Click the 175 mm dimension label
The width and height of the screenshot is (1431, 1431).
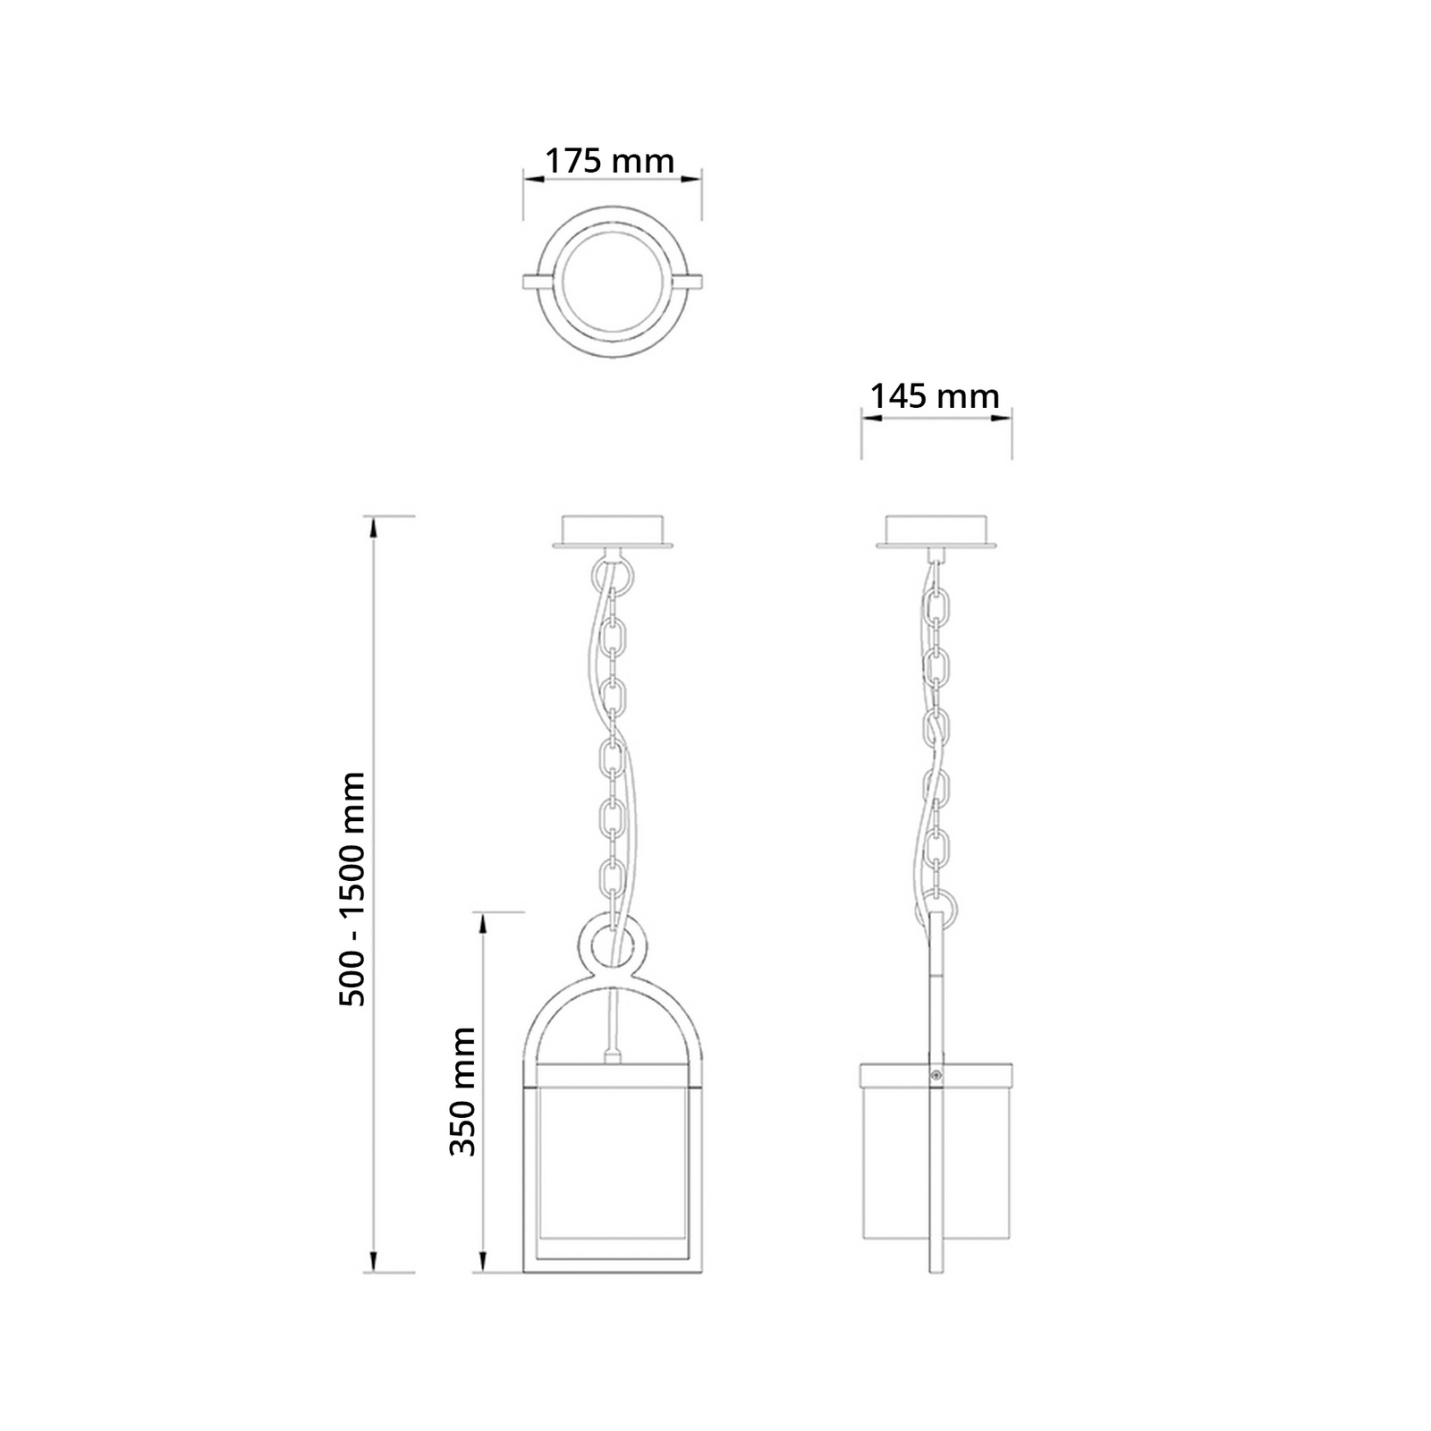tap(610, 161)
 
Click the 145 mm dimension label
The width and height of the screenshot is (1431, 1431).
tap(936, 395)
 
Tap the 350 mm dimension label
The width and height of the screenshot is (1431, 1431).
tap(462, 1090)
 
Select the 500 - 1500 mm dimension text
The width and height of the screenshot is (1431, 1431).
tap(353, 889)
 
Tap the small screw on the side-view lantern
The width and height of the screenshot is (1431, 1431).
tap(936, 1077)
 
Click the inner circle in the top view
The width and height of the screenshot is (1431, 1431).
tap(612, 284)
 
